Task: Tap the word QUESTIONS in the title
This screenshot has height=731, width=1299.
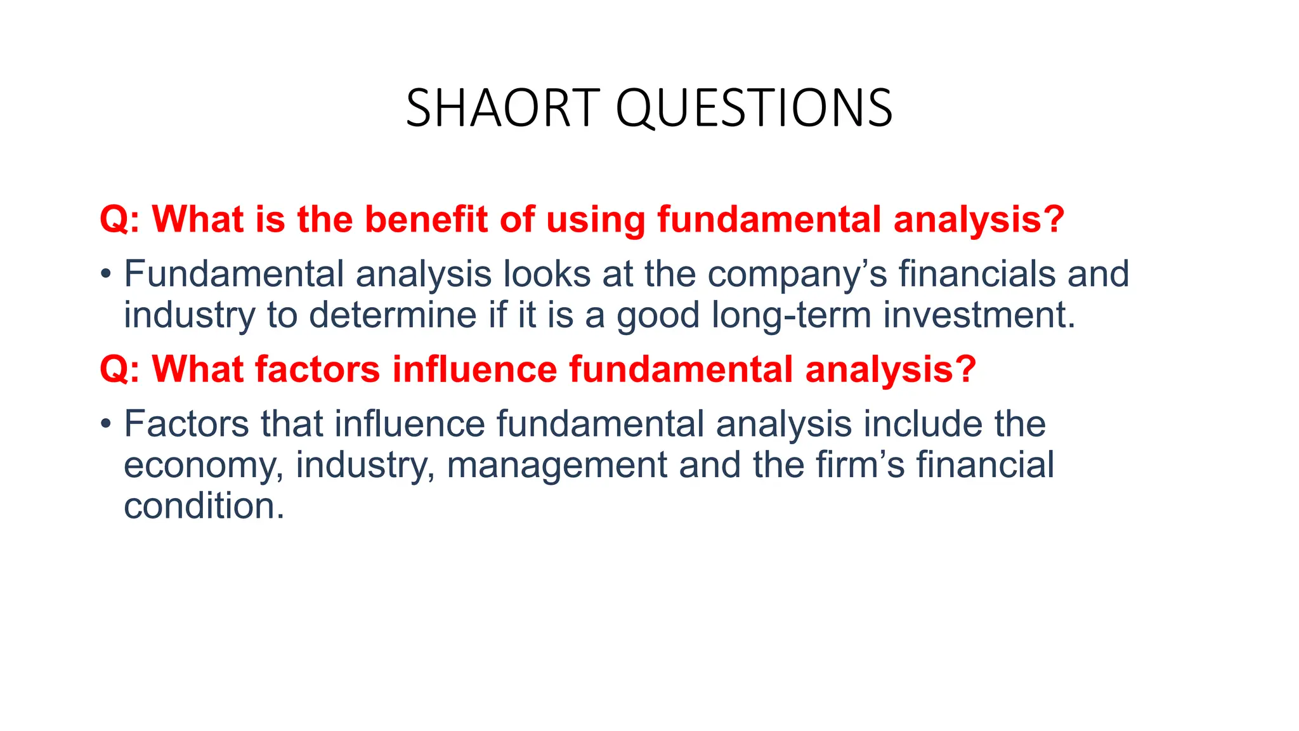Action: click(x=754, y=109)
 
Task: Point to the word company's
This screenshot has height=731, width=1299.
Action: click(x=797, y=275)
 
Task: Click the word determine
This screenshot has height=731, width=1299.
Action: click(x=393, y=315)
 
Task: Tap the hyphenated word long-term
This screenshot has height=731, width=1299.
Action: click(x=791, y=315)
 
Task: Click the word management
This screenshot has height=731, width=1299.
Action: click(x=557, y=464)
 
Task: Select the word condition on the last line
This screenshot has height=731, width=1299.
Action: click(x=204, y=506)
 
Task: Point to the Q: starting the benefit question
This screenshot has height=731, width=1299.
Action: click(x=120, y=220)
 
